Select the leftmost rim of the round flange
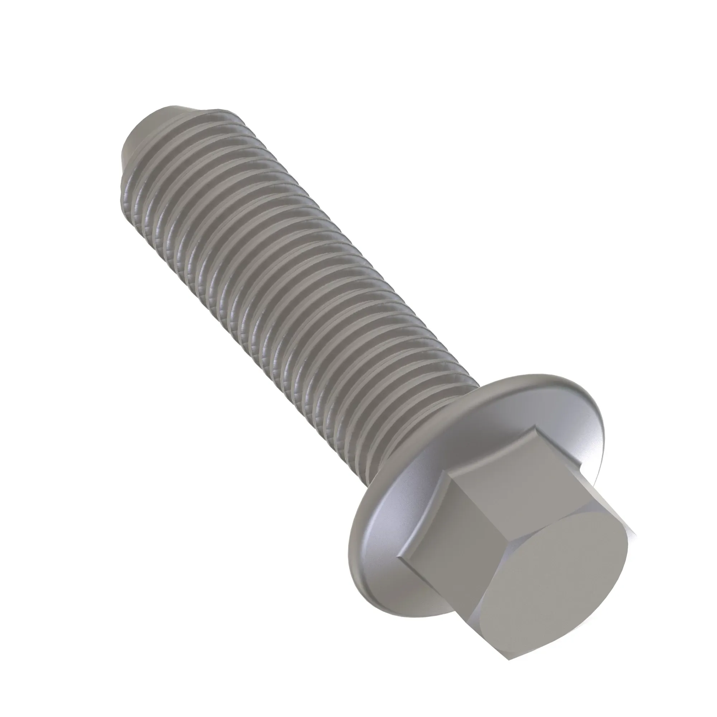click(351, 519)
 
